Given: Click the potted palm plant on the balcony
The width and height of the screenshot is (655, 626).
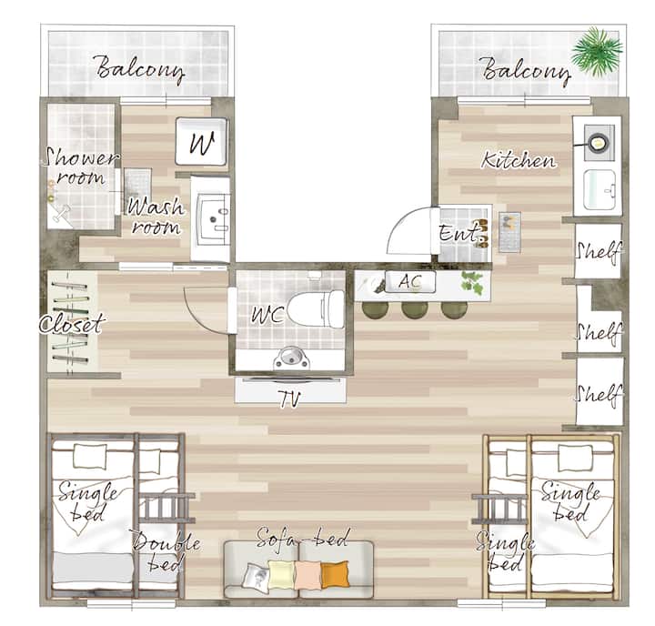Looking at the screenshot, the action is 596,51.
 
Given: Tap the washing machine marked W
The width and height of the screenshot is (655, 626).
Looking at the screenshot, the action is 201,142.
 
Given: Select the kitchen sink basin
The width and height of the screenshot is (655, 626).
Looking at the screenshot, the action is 600,190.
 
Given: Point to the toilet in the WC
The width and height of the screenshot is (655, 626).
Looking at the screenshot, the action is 317,308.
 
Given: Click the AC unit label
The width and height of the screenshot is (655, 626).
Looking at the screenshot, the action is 409,282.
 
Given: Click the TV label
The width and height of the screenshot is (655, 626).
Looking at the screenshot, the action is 290,399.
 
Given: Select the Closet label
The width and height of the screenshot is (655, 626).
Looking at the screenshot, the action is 72,323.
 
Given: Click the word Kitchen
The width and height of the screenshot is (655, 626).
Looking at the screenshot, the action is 519,160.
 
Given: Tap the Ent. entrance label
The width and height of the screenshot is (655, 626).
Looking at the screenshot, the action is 458,233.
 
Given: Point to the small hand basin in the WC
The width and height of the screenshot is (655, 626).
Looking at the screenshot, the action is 292,358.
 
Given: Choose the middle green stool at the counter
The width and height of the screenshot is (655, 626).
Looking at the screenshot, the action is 415,308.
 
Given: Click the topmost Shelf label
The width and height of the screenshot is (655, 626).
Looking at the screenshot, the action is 599,252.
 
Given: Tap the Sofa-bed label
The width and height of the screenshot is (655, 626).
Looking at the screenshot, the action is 302,538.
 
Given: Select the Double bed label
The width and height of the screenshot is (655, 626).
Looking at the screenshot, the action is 165,551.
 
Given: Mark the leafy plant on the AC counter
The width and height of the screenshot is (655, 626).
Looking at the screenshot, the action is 472,282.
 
